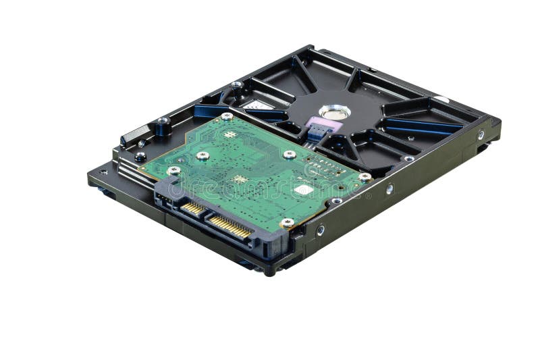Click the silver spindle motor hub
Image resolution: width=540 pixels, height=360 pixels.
pyautogui.click(x=333, y=111)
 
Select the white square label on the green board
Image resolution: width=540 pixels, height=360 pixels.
pyautogui.click(x=304, y=190)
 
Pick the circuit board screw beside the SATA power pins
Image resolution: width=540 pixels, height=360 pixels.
pyautogui.click(x=288, y=222)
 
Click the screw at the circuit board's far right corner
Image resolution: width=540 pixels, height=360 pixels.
pyautogui.click(x=364, y=177)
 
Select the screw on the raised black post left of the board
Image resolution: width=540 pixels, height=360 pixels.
pyautogui.click(x=163, y=122)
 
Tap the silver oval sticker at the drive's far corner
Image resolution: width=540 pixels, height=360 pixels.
pyautogui.click(x=441, y=99)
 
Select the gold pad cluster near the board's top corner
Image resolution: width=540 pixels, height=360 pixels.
pyautogui.click(x=230, y=134)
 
